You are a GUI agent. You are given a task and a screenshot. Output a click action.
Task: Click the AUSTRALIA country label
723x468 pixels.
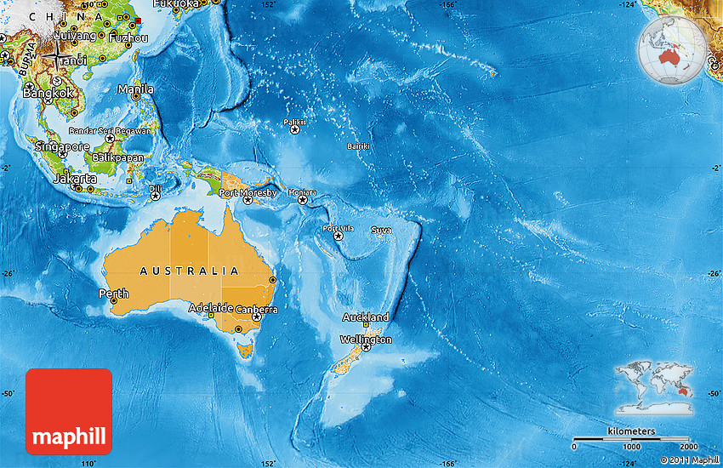189,271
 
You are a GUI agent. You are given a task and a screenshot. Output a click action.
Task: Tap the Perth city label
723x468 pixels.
113,294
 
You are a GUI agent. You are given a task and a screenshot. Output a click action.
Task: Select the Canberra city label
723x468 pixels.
257,310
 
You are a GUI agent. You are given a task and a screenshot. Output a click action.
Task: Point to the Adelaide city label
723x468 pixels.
210,307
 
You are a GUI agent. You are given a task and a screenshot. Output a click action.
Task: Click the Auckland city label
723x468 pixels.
365,317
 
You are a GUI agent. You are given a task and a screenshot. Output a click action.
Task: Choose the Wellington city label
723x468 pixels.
366,340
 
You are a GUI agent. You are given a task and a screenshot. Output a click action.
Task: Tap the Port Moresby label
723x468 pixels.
248,193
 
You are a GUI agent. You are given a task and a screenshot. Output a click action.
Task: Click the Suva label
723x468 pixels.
381,231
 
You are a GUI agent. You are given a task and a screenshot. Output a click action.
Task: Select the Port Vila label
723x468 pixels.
338,228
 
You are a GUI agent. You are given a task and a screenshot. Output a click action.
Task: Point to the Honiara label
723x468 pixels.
302,192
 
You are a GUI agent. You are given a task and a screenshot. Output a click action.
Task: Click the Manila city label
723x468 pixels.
136,89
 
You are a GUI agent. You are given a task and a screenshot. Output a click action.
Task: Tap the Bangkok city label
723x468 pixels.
49,94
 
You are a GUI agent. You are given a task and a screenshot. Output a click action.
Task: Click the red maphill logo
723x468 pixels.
69,411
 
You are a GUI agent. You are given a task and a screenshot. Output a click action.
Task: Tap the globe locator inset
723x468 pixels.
673,51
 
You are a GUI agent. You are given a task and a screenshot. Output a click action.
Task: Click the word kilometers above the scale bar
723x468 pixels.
631,431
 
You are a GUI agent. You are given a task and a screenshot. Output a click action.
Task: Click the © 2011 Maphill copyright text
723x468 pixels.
689,460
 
